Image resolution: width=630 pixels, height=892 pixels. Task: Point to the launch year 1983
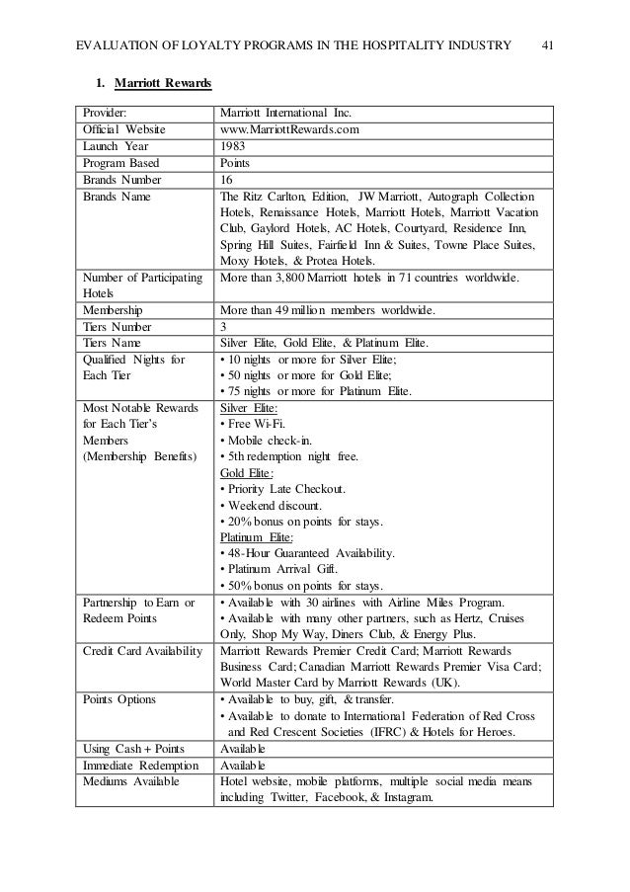point(233,145)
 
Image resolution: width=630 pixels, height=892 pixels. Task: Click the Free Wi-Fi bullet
point(253,424)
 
